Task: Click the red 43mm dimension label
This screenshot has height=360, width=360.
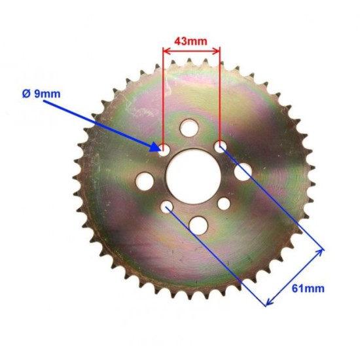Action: click(x=190, y=40)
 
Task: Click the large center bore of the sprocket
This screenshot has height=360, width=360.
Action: click(x=193, y=175)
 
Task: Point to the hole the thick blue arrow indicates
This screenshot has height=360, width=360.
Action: click(x=163, y=147)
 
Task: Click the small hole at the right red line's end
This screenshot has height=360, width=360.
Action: click(x=220, y=145)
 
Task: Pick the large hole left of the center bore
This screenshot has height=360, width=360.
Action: click(x=143, y=177)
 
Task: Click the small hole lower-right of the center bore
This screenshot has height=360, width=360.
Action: click(x=224, y=204)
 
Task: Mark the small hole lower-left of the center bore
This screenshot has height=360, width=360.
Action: click(x=167, y=207)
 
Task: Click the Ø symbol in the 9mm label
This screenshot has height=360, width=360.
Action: click(x=26, y=94)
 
